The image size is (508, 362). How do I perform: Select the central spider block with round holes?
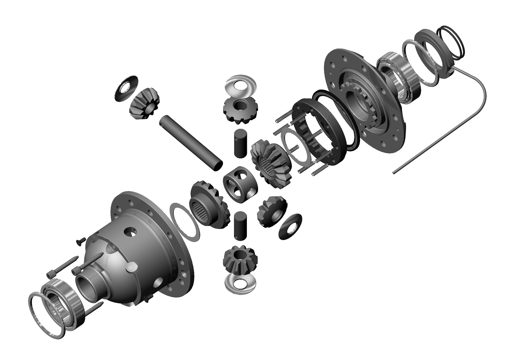click(240, 185)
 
